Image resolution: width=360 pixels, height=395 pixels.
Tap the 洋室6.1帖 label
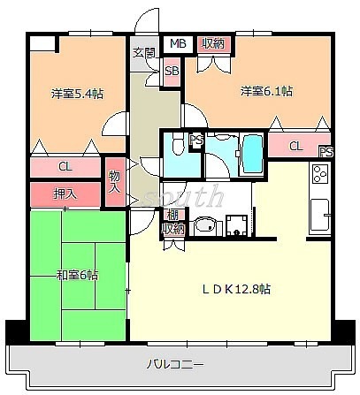pyautogui.click(x=264, y=91)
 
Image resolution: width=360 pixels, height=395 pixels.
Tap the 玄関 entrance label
pyautogui.click(x=143, y=52)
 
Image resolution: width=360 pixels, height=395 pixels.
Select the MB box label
pyautogui.click(x=178, y=43)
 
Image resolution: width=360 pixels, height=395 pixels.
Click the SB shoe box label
pyautogui.click(x=172, y=71)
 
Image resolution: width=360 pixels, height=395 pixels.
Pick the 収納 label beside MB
pyautogui.click(x=212, y=43)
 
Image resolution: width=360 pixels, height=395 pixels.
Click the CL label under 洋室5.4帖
pyautogui.click(x=65, y=165)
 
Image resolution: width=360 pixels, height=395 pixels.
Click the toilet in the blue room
pyautogui.click(x=179, y=145)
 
